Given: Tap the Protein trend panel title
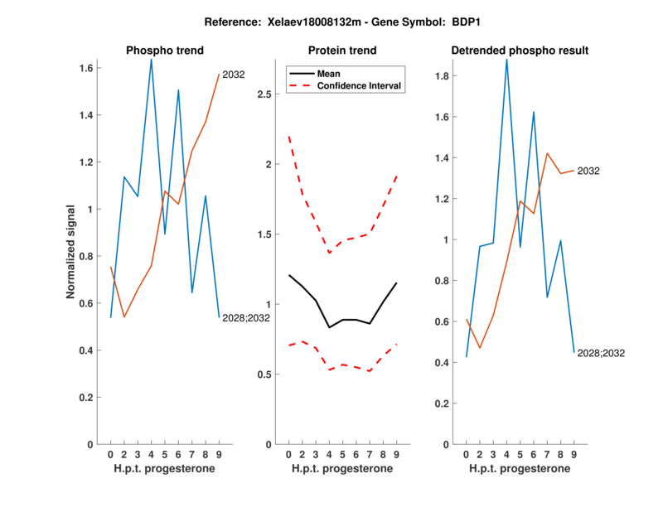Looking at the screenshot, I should click(x=342, y=51).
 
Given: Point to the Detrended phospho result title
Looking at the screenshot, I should click(x=520, y=51).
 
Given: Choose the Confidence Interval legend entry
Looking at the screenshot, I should click(x=359, y=85).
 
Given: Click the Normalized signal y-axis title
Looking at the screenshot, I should click(x=71, y=252).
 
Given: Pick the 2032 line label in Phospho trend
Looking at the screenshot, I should click(x=233, y=75).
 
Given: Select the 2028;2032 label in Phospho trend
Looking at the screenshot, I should click(x=244, y=317).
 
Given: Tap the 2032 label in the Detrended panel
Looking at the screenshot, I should click(x=588, y=171).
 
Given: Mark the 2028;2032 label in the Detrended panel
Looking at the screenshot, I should click(x=601, y=353).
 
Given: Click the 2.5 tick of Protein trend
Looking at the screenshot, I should click(x=266, y=94).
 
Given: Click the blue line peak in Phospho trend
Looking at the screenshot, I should click(x=151, y=60).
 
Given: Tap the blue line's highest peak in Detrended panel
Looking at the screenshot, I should click(x=506, y=60).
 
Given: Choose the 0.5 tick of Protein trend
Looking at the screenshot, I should click(x=266, y=374).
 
